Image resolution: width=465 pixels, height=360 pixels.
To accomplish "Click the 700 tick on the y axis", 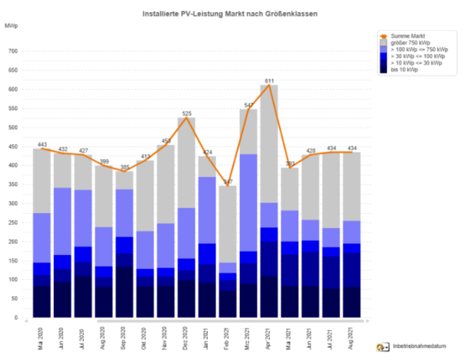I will coord(13,52).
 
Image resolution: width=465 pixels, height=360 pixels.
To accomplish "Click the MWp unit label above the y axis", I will coord(11,25).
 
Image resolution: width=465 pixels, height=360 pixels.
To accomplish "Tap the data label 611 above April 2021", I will coord(269,80).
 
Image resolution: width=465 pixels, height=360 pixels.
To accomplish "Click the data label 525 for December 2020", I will coord(187,113).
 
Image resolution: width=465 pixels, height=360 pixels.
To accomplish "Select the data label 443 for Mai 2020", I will coord(42,144).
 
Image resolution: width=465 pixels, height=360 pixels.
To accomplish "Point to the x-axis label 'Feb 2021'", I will coord(228,333).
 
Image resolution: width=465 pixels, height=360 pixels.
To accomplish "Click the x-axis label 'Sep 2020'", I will coord(124,333).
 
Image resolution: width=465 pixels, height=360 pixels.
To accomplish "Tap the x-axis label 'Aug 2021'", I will coord(352,333).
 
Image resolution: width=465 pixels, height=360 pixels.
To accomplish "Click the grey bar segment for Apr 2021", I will coord(269,142).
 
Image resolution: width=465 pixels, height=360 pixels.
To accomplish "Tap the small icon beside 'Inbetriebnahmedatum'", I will coord(382,347).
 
